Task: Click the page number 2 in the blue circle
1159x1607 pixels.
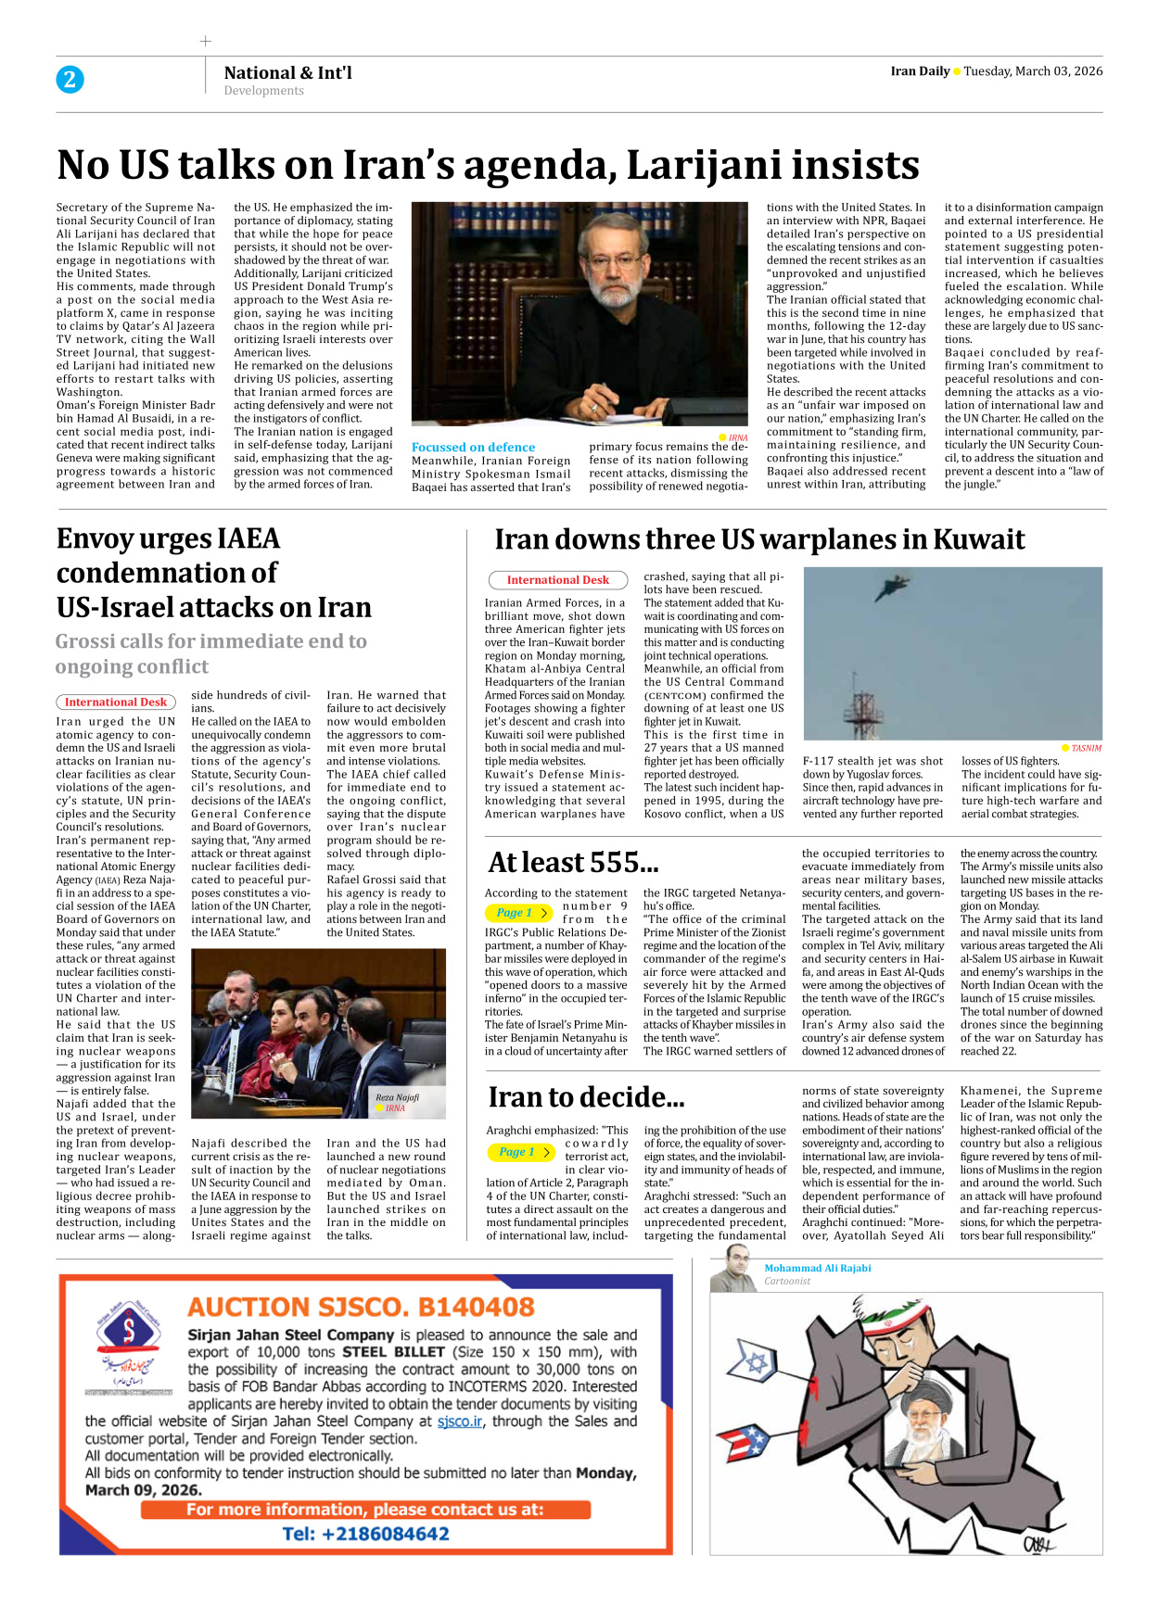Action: [70, 80]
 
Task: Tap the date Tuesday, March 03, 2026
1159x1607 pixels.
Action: [1033, 71]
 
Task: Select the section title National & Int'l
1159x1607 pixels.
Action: [287, 72]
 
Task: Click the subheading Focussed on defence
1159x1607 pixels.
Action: [473, 447]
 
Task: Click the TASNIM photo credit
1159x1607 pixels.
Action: [1085, 748]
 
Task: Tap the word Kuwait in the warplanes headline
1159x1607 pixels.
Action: [978, 539]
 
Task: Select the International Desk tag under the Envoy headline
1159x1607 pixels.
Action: [116, 702]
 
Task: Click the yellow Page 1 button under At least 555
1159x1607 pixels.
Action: [518, 913]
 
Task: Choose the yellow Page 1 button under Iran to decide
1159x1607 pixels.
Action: [520, 1152]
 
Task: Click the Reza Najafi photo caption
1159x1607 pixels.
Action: [397, 1097]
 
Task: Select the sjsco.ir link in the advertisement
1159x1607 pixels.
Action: [460, 1422]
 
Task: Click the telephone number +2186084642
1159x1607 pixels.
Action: [366, 1534]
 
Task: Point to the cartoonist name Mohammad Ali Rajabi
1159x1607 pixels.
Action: [817, 1268]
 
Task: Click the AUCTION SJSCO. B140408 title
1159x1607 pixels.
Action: [361, 1307]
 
